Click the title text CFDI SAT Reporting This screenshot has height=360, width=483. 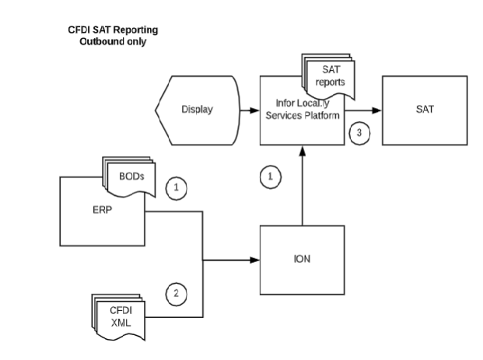click(113, 30)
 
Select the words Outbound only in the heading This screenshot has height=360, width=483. click(113, 40)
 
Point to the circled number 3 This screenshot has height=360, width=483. click(359, 132)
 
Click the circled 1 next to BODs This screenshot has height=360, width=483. click(177, 188)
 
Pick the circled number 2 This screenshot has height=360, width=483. click(177, 294)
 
